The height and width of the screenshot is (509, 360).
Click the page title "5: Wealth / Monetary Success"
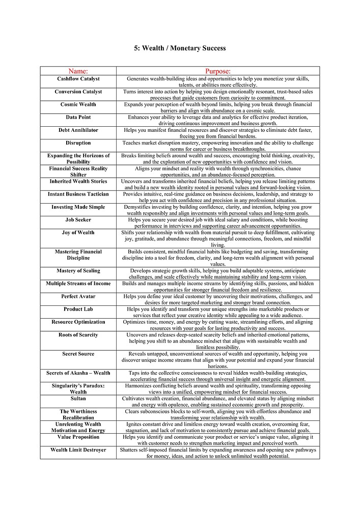coord(180,48)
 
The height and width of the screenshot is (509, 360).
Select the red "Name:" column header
coord(78,71)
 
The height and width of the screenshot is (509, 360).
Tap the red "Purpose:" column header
coord(218,71)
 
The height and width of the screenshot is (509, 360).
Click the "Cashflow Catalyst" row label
coord(78,79)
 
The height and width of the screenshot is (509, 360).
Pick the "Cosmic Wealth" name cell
coord(78,104)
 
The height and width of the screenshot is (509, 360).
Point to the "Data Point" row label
coord(78,117)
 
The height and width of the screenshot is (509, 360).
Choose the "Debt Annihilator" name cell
coord(78,130)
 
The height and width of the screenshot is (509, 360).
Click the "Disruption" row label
coord(78,143)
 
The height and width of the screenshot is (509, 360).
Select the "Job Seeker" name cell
coord(78,220)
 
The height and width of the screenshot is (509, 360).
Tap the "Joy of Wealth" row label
coord(78,233)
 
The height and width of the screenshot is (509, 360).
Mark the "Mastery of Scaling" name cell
coord(78,271)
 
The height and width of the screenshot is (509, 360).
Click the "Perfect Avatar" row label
coord(78,296)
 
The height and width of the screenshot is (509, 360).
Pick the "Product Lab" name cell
coord(78,309)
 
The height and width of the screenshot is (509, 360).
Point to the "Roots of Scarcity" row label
coord(78,335)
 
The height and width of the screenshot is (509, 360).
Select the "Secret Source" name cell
coord(78,354)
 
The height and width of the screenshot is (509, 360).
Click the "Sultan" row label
coord(78,399)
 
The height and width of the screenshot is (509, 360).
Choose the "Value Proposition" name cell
coord(78,437)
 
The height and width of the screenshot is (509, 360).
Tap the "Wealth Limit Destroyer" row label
coord(78,450)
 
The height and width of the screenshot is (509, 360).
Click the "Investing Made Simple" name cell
coord(78,207)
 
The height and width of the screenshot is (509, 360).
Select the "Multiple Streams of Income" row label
coord(78,284)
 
